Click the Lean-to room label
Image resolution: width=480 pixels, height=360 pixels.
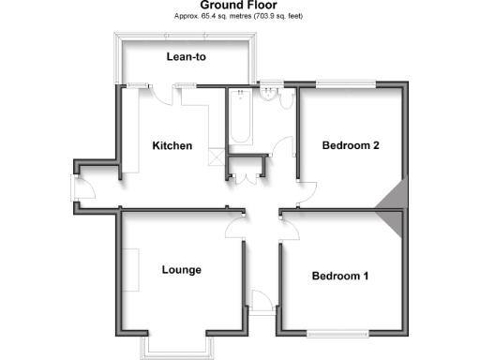point(186,57)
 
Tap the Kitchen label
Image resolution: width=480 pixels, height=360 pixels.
point(172,145)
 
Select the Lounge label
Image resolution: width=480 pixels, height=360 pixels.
point(181,270)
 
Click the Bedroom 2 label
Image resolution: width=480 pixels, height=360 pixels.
point(351,145)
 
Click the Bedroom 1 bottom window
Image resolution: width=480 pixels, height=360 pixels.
point(341,333)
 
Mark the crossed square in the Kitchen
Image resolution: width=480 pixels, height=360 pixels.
point(217,157)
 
